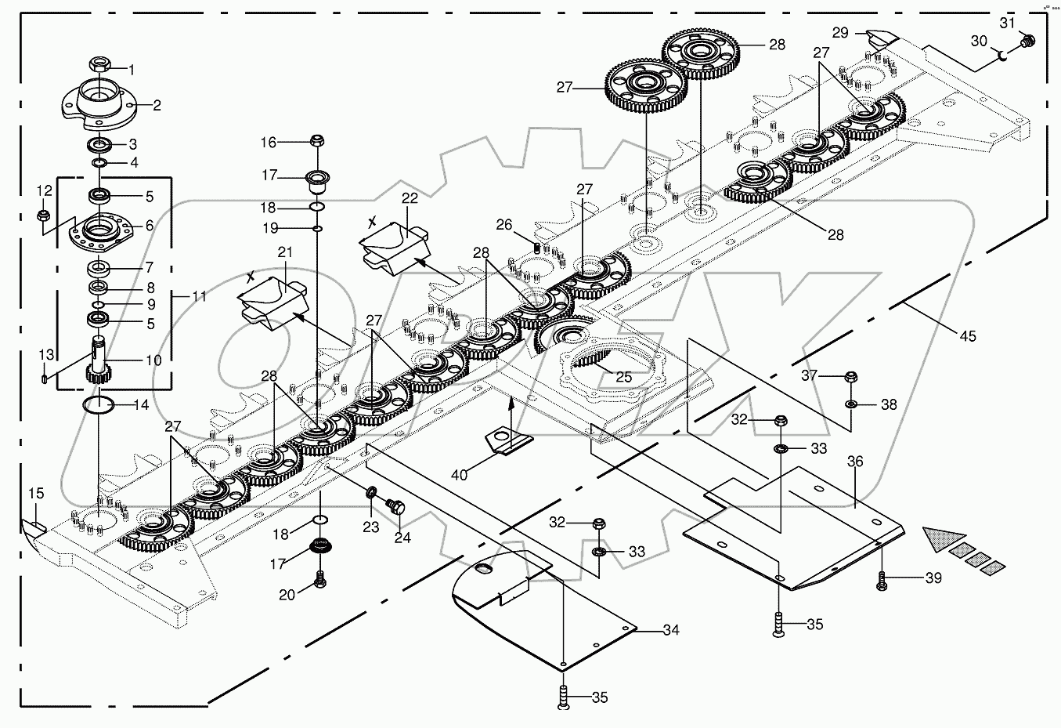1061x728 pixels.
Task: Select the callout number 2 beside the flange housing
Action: (157, 105)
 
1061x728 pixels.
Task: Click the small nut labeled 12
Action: (44, 214)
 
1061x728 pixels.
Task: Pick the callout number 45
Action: (968, 336)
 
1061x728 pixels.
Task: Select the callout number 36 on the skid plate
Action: (855, 462)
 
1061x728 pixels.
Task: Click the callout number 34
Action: (670, 630)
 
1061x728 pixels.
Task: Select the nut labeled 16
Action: (317, 141)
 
